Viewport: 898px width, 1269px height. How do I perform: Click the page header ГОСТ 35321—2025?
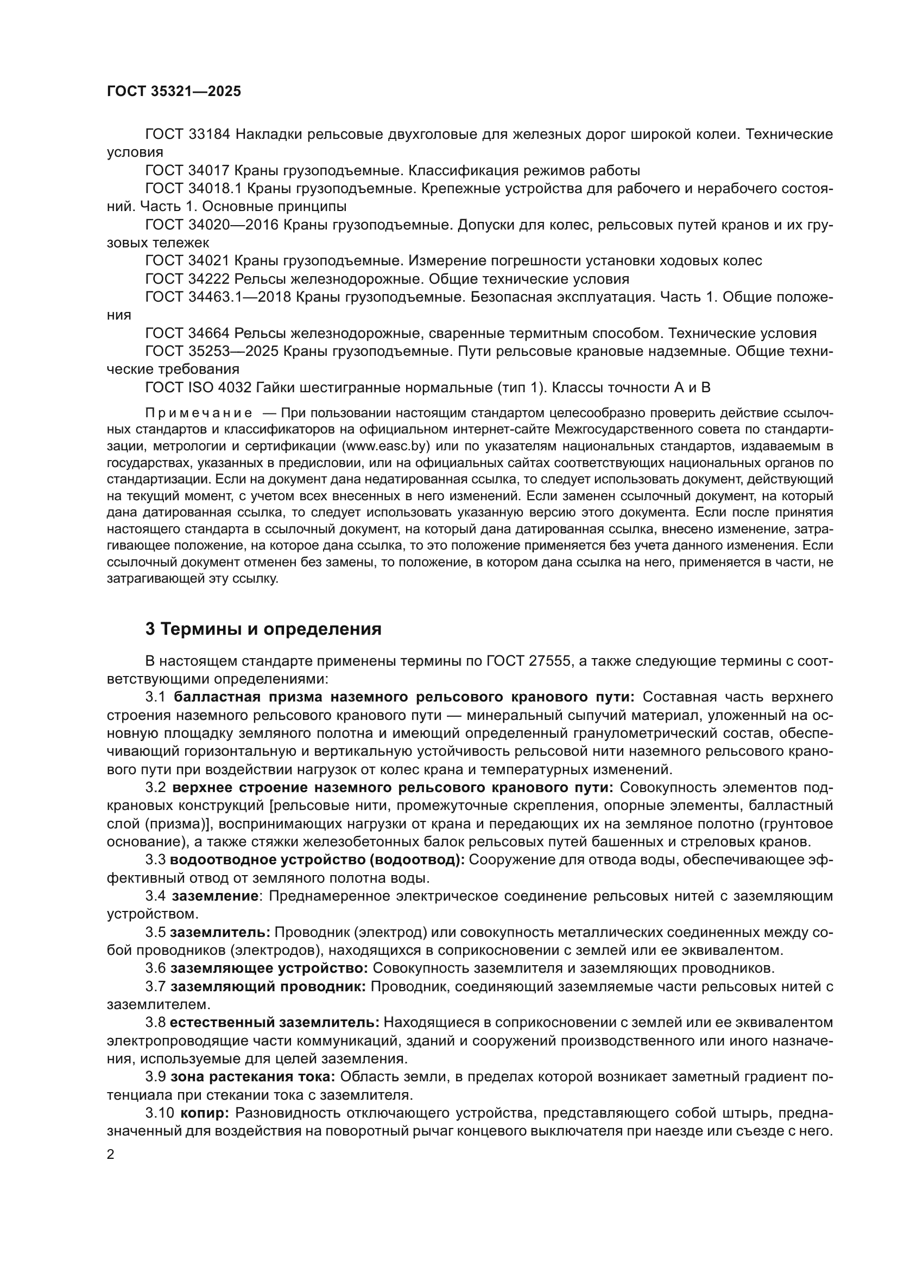point(174,91)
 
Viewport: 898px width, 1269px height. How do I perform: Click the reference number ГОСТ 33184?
point(187,135)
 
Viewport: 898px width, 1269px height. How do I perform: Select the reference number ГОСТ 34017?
point(187,170)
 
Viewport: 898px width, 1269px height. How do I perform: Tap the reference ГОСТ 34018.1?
point(193,188)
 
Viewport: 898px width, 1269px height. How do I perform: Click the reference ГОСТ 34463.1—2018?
point(218,297)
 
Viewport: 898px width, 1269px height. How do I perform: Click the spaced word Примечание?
point(199,413)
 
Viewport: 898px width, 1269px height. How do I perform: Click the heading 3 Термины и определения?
point(263,629)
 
